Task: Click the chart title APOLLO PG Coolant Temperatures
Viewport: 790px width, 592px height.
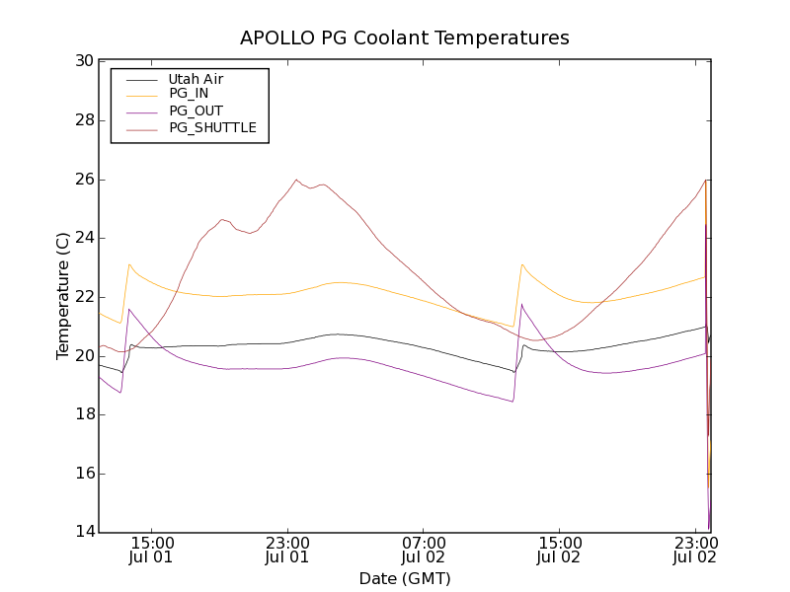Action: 405,38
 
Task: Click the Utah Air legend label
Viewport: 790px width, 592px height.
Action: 196,79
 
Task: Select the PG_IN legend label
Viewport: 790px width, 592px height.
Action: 189,94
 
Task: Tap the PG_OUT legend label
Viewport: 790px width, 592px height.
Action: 196,111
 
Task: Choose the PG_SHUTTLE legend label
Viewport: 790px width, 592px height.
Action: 212,127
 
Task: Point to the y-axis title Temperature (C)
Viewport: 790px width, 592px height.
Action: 63,296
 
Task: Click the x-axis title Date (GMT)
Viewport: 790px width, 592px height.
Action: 405,578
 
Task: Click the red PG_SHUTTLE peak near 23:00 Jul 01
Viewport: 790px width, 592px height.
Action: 296,180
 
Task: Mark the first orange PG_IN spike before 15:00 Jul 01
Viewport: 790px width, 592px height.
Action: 128,264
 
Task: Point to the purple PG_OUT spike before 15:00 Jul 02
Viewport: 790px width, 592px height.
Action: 522,304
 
